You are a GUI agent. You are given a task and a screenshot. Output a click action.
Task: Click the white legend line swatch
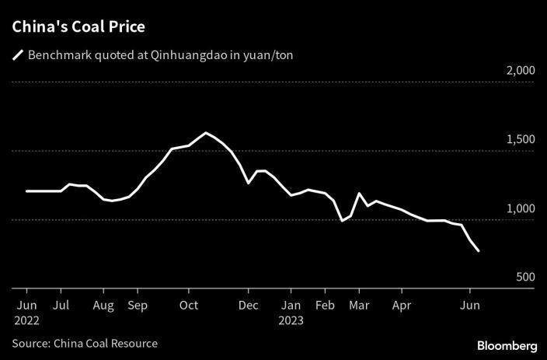(17, 55)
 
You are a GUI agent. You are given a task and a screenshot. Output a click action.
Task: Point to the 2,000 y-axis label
(520, 70)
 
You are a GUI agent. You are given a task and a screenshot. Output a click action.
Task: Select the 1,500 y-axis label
(520, 139)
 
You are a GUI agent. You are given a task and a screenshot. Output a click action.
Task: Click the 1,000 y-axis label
(520, 208)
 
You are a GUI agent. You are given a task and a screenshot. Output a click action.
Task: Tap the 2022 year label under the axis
(26, 319)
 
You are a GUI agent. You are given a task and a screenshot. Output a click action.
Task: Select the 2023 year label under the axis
(292, 319)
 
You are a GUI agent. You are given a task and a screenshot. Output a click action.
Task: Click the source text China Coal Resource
(106, 343)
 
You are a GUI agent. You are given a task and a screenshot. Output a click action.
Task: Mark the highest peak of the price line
(206, 133)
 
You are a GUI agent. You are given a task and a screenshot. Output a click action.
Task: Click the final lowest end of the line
(479, 251)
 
